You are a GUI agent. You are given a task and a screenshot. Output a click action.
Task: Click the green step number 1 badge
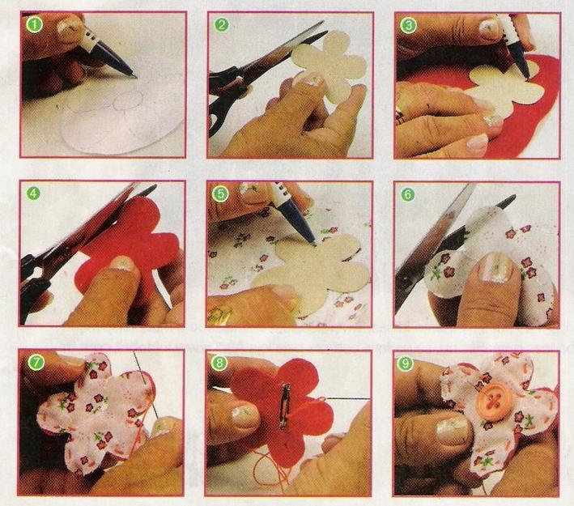(x=35, y=25)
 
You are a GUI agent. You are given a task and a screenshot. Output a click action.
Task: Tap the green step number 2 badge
(x=222, y=25)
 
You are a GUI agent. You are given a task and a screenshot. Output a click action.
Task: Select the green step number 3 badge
(x=409, y=25)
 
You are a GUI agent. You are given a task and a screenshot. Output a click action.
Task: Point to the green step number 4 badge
(x=33, y=193)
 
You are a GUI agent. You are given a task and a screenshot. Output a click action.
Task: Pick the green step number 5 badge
(x=220, y=193)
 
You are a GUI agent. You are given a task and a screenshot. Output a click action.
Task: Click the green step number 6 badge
(x=407, y=194)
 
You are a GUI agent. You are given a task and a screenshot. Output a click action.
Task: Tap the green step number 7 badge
(x=37, y=362)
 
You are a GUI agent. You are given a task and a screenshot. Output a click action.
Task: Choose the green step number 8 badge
(x=219, y=363)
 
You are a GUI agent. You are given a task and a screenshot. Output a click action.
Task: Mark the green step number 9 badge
(x=406, y=364)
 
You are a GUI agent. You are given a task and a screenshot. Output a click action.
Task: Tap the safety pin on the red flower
(x=284, y=406)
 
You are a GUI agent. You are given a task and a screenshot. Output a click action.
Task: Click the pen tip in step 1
(x=135, y=77)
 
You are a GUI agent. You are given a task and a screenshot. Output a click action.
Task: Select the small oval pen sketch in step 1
(x=127, y=100)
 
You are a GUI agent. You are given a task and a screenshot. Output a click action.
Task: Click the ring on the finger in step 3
(x=399, y=114)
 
